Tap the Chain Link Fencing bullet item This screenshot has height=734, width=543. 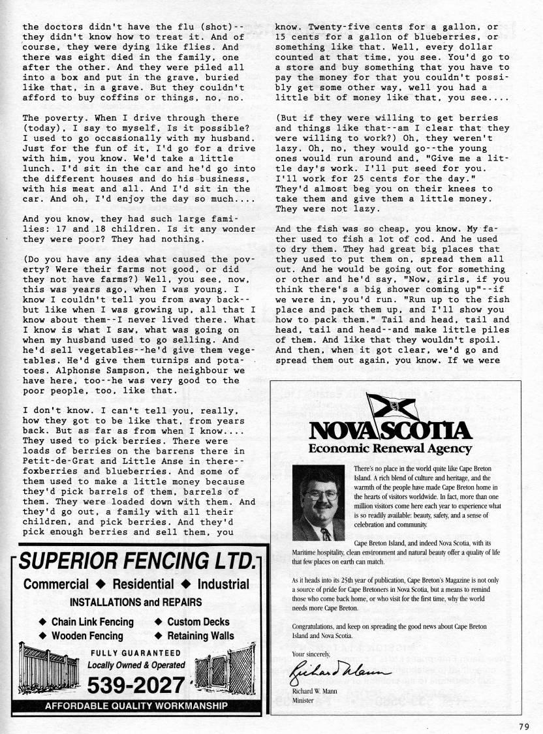(x=92, y=622)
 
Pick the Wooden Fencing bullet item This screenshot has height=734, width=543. (x=87, y=635)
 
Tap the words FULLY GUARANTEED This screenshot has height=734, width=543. (x=135, y=653)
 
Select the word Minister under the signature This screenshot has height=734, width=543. (x=303, y=701)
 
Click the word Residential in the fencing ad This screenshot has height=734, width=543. (x=142, y=584)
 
